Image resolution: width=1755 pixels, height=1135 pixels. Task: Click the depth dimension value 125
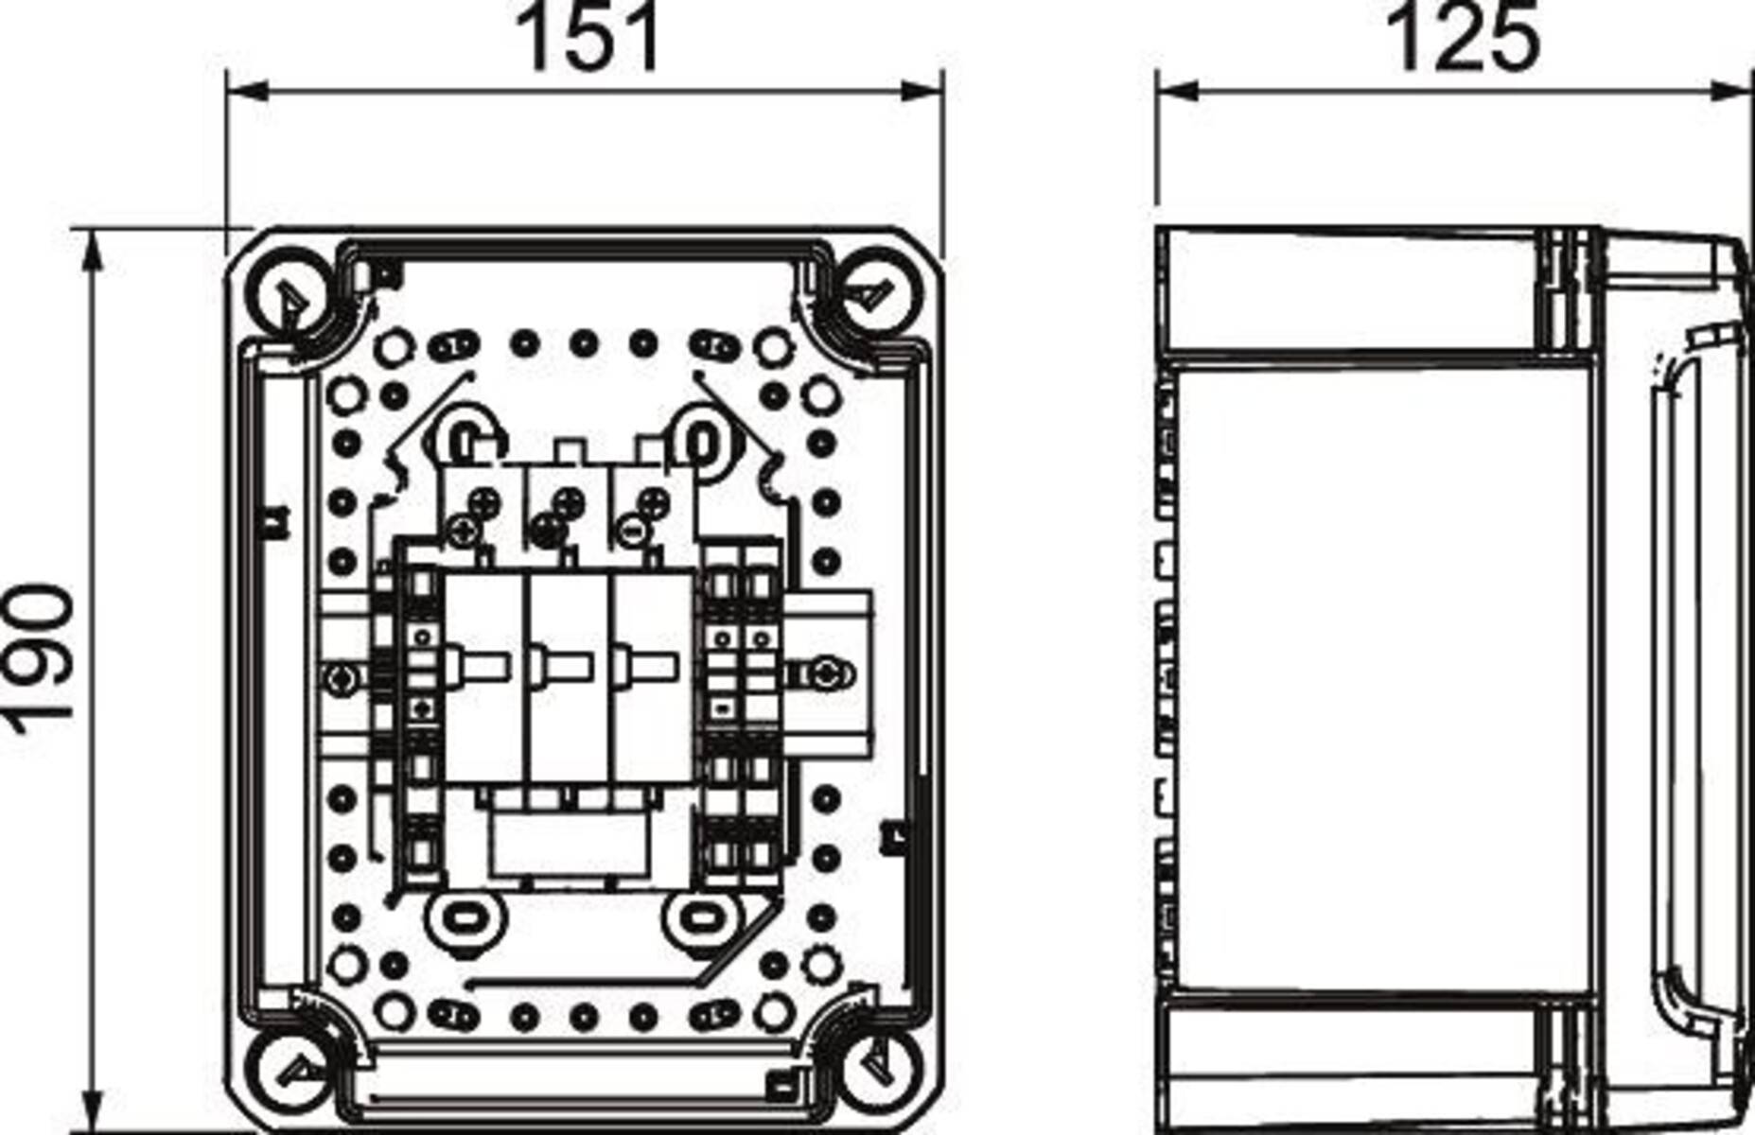[x=1461, y=38]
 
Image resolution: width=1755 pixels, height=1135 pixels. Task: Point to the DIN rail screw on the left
[x=341, y=675]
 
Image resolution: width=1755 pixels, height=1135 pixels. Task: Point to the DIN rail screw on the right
[x=825, y=673]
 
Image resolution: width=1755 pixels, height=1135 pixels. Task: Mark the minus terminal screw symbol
[x=632, y=530]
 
